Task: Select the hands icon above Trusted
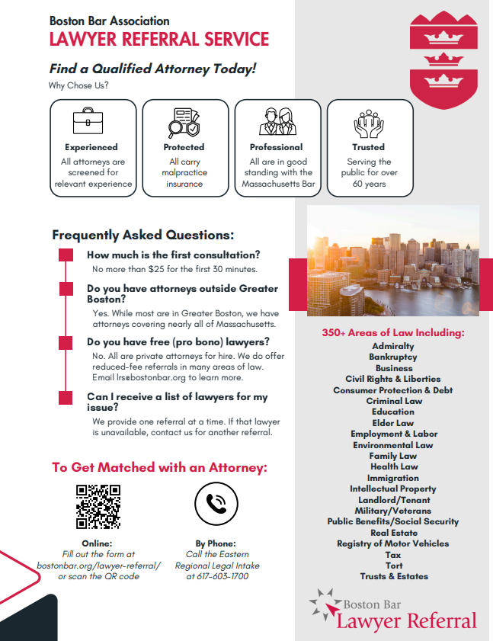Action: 368,122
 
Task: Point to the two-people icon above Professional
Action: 276,122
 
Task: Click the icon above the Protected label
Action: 184,122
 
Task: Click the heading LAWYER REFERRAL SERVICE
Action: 158,40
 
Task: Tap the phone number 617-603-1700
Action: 217,576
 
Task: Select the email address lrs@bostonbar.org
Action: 138,377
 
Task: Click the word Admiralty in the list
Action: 393,346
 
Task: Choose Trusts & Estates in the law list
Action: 393,576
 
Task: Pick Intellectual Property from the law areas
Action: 393,489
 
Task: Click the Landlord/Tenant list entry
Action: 393,499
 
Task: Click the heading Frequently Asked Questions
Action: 143,236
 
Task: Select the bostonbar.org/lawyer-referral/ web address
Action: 99,565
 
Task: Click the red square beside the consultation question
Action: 66,255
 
